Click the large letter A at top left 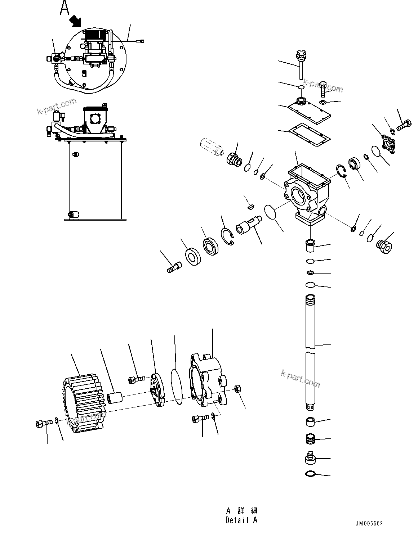coord(65,8)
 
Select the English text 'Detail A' coord(241,520)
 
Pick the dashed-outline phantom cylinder coord(210,147)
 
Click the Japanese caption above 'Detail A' coord(241,511)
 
